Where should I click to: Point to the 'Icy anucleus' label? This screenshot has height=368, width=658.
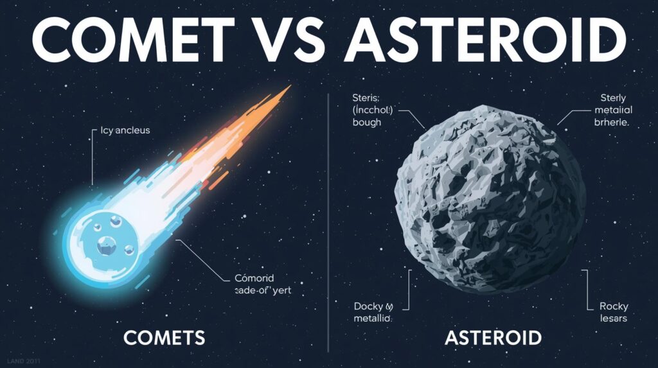(x=125, y=130)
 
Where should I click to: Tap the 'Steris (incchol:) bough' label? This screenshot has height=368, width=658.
(x=376, y=110)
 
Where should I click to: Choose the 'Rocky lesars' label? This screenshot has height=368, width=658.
(x=614, y=312)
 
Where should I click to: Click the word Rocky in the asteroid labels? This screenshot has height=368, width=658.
(x=614, y=306)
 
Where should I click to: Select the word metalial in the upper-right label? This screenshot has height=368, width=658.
(x=610, y=110)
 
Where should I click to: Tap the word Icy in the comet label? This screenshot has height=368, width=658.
(x=107, y=130)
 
